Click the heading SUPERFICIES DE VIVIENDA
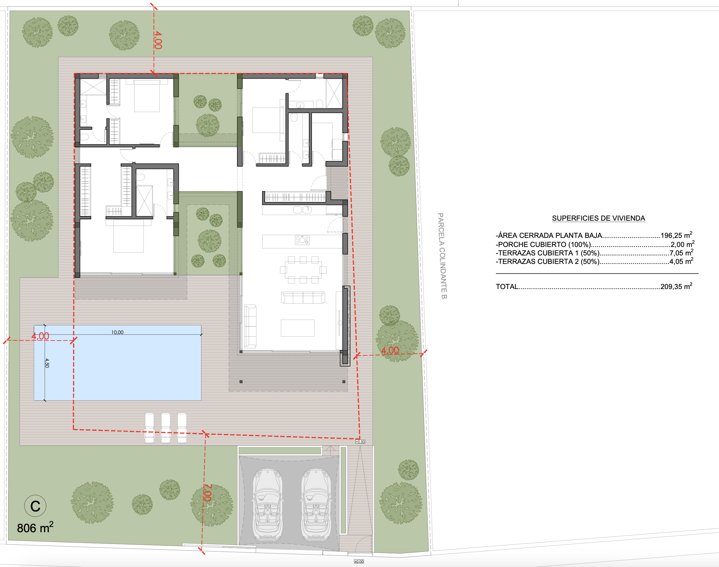599,218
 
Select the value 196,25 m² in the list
676,235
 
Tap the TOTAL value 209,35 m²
676,286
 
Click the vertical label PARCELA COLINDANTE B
442,256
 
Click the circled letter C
35,506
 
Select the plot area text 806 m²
35,528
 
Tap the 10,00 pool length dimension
117,332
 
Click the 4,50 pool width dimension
47,363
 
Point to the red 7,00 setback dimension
207,493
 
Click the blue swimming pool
117,363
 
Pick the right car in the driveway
316,505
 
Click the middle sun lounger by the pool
166,428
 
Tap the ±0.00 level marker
359,561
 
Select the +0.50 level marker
360,442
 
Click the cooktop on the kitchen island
302,240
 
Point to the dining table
303,269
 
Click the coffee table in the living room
298,328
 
